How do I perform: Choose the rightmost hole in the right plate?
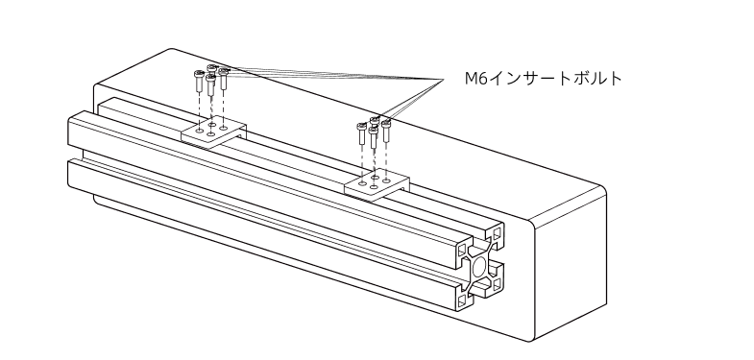pyautogui.click(x=387, y=180)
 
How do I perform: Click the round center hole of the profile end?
pyautogui.click(x=478, y=267)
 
